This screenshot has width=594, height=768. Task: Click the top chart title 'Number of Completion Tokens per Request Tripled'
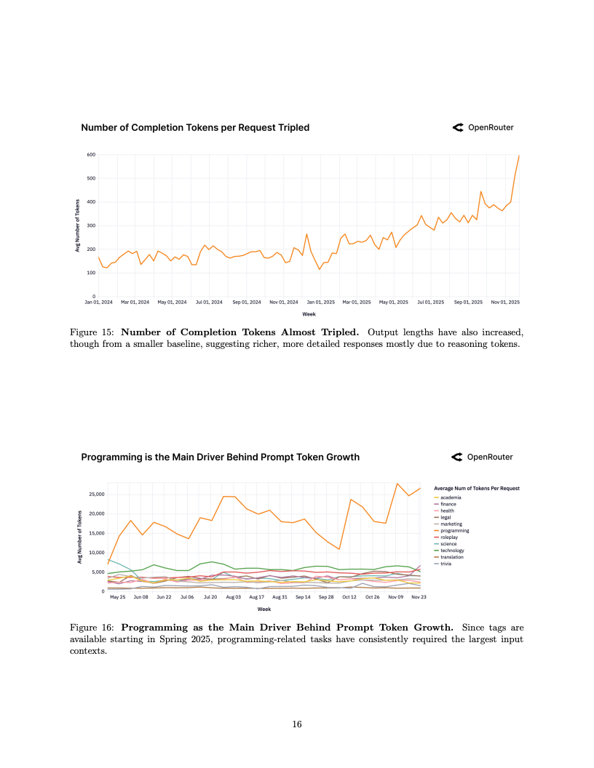pos(195,127)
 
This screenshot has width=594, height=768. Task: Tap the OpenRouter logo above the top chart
pos(483,127)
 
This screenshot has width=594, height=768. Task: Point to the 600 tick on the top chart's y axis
pos(91,155)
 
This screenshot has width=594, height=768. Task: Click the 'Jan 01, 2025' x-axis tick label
pos(320,302)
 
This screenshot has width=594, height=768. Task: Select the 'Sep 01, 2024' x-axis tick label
pos(247,302)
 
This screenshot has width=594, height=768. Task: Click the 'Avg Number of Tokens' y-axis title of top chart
pos(77,225)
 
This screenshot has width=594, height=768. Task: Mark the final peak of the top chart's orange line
pos(519,155)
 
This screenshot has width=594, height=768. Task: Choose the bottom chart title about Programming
pos(220,457)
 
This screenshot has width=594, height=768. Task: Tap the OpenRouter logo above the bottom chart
pos(483,457)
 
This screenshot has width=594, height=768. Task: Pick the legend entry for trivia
pos(448,563)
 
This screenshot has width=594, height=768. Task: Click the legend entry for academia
pos(452,497)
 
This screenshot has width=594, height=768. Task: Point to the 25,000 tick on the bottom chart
pos(97,494)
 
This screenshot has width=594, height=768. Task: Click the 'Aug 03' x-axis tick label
pos(233,597)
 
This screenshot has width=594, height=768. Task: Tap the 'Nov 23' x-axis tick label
pos(419,597)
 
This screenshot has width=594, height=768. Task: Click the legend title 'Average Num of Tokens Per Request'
pos(476,488)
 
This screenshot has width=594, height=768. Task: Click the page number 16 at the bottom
pos(297,724)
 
